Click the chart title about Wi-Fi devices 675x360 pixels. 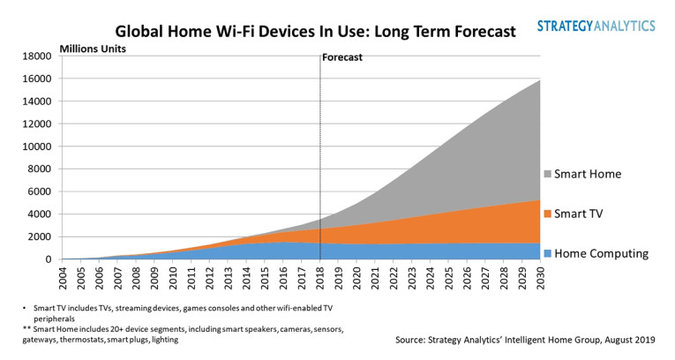coord(315,32)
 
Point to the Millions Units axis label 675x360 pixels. coord(93,48)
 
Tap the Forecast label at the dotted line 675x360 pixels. coord(342,57)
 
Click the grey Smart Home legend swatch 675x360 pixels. coord(550,175)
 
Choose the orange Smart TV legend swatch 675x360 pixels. coord(550,214)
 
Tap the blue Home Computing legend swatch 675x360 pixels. coord(550,254)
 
